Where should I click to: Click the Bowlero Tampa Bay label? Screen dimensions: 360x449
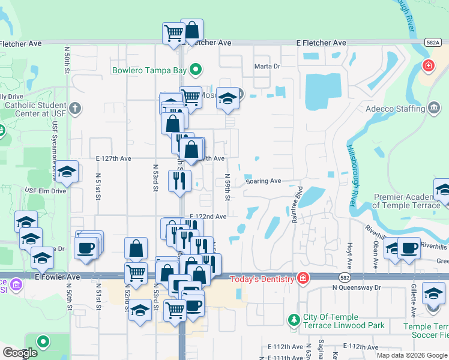(x=149, y=70)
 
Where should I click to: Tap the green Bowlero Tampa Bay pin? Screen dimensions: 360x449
(x=195, y=70)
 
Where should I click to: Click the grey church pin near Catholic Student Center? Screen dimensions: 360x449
(x=74, y=109)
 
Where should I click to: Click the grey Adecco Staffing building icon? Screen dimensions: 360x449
(x=433, y=108)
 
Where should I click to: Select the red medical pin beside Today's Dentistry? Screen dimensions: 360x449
(x=303, y=278)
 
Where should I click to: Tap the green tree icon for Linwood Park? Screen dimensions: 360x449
(x=294, y=319)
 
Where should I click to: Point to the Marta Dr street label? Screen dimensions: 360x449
(x=267, y=67)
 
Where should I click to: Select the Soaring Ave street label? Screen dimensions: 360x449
(x=263, y=181)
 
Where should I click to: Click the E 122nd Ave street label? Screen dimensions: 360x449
(x=208, y=217)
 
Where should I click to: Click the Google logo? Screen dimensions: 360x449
(x=20, y=353)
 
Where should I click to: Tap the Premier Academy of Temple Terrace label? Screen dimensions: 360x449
(x=407, y=201)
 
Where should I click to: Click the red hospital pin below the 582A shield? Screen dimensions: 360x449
(x=428, y=65)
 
